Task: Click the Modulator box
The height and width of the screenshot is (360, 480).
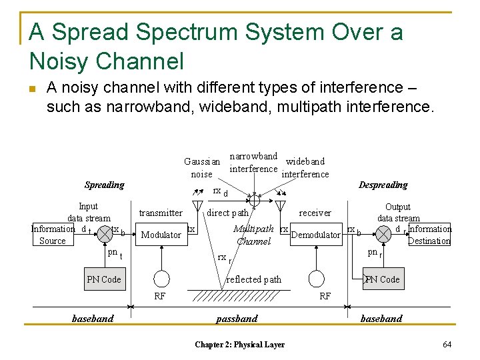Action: coord(161,235)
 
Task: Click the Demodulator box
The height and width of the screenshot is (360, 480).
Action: coord(316,235)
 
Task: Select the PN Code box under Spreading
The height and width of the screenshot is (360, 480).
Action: coord(103,279)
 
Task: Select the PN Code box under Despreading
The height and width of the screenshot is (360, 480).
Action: coord(382,279)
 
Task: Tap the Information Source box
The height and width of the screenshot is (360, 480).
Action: coord(53,235)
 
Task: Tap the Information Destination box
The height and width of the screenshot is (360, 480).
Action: coord(429,235)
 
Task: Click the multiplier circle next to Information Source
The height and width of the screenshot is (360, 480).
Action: coord(105,234)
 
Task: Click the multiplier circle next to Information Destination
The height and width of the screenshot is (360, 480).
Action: coord(384,234)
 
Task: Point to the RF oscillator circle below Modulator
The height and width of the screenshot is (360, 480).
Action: coord(161,279)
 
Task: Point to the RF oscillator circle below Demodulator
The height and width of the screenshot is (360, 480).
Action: coord(317,279)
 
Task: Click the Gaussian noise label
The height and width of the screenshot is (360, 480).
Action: coord(201,168)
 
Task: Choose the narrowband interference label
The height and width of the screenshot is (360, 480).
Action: coord(253,162)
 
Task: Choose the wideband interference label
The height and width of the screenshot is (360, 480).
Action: coord(305,167)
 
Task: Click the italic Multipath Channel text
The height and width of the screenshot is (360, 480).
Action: coord(253,235)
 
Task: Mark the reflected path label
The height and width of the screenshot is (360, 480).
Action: coord(254,279)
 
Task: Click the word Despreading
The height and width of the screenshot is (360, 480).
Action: coord(383,185)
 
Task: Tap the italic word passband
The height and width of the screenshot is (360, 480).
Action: coord(237,319)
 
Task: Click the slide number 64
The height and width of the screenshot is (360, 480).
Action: coord(447,344)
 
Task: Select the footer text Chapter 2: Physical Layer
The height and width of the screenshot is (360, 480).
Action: coord(239,345)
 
